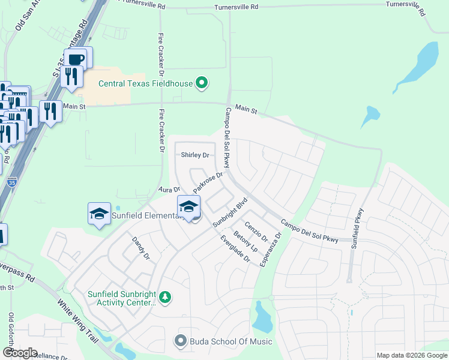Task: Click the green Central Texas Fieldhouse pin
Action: click(x=202, y=83)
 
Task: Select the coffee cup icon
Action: click(x=76, y=59)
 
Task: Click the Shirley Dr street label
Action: click(x=195, y=155)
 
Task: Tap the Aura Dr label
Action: click(x=169, y=190)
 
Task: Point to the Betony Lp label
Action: click(x=246, y=241)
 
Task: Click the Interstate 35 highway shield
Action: click(x=12, y=182)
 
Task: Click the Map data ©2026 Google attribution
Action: click(x=412, y=355)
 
